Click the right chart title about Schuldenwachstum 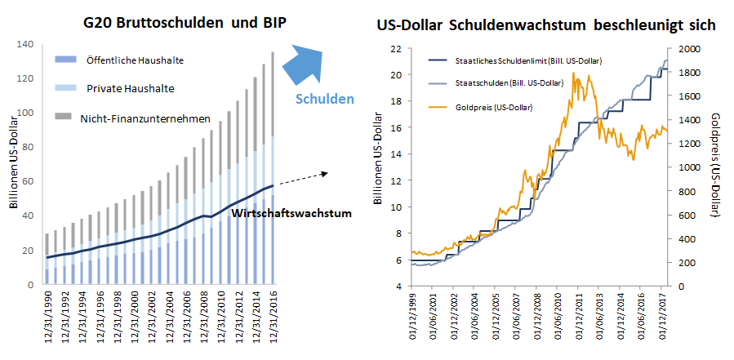(545, 25)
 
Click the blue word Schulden (325, 99)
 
